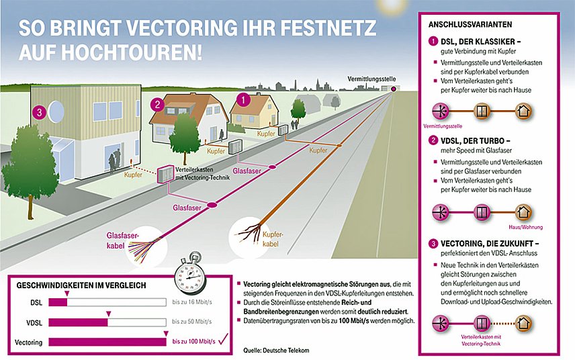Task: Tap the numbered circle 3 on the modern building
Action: pyautogui.click(x=40, y=112)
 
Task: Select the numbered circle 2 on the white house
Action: pyautogui.click(x=157, y=105)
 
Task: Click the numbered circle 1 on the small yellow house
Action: pyautogui.click(x=243, y=99)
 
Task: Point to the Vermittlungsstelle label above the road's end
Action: pyautogui.click(x=371, y=79)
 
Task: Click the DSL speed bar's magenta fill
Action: pyautogui.click(x=58, y=302)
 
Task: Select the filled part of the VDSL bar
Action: pyautogui.click(x=78, y=322)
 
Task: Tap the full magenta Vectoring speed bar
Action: pyautogui.click(x=107, y=342)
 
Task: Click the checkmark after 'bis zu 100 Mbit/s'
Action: pyautogui.click(x=223, y=339)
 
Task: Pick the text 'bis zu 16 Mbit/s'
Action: pyautogui.click(x=192, y=302)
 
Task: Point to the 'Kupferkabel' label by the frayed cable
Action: pyautogui.click(x=273, y=239)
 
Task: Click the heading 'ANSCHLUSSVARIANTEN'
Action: pyautogui.click(x=470, y=25)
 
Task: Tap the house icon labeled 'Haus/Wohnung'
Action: pyautogui.click(x=523, y=212)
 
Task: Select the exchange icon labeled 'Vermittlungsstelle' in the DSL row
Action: pyautogui.click(x=441, y=111)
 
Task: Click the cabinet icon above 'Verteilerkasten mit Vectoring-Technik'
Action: pyautogui.click(x=482, y=323)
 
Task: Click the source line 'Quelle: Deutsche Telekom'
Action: pyautogui.click(x=276, y=350)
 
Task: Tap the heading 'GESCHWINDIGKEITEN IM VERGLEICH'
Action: pyautogui.click(x=81, y=285)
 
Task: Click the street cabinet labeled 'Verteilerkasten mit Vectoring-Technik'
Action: pyautogui.click(x=166, y=174)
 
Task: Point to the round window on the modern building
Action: pyautogui.click(x=56, y=111)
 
